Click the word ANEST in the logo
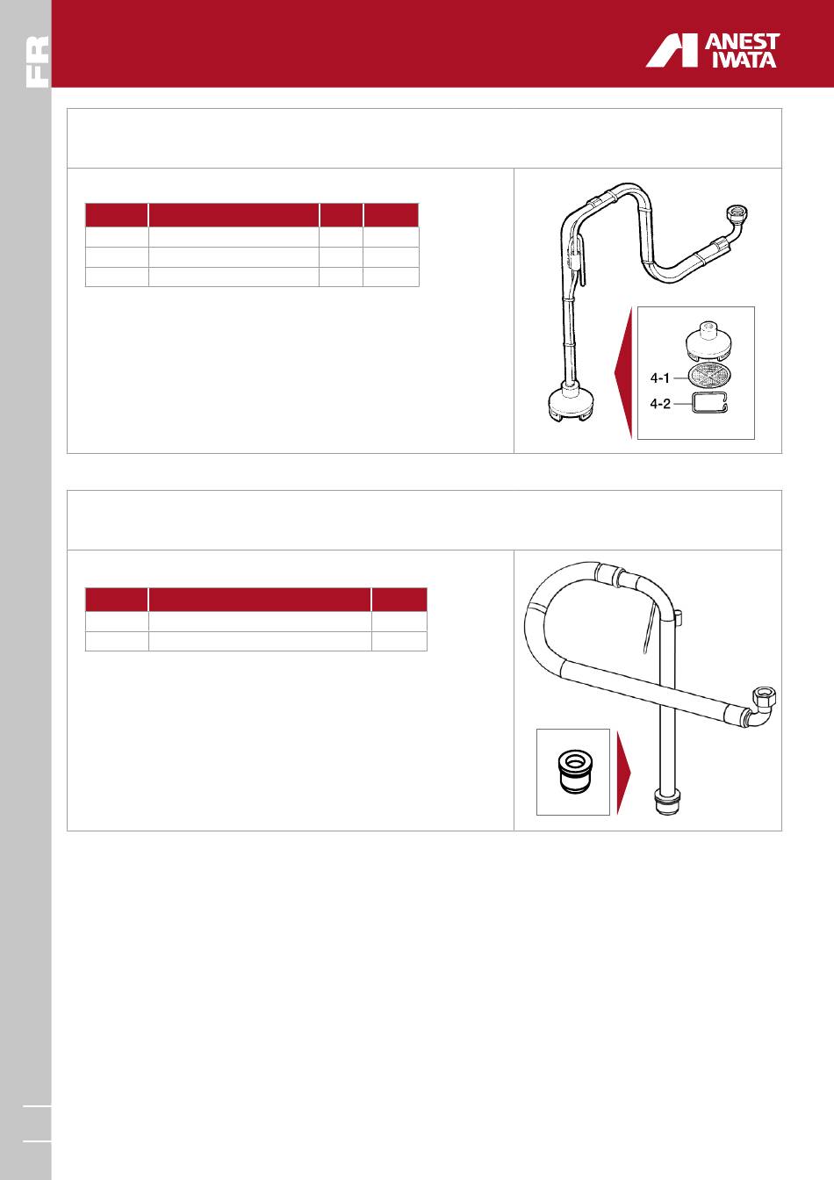coord(742,42)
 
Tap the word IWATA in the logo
coord(744,60)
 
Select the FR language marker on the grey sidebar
coord(38,61)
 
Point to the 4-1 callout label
coord(659,378)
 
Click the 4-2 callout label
coord(659,404)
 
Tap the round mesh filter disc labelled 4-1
coord(709,375)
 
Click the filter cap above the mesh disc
coord(709,341)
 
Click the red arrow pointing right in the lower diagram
coord(624,772)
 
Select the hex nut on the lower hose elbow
coord(765,696)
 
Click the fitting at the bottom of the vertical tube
coord(667,802)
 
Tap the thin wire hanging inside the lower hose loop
coord(649,629)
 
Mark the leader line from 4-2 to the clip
coord(680,404)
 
